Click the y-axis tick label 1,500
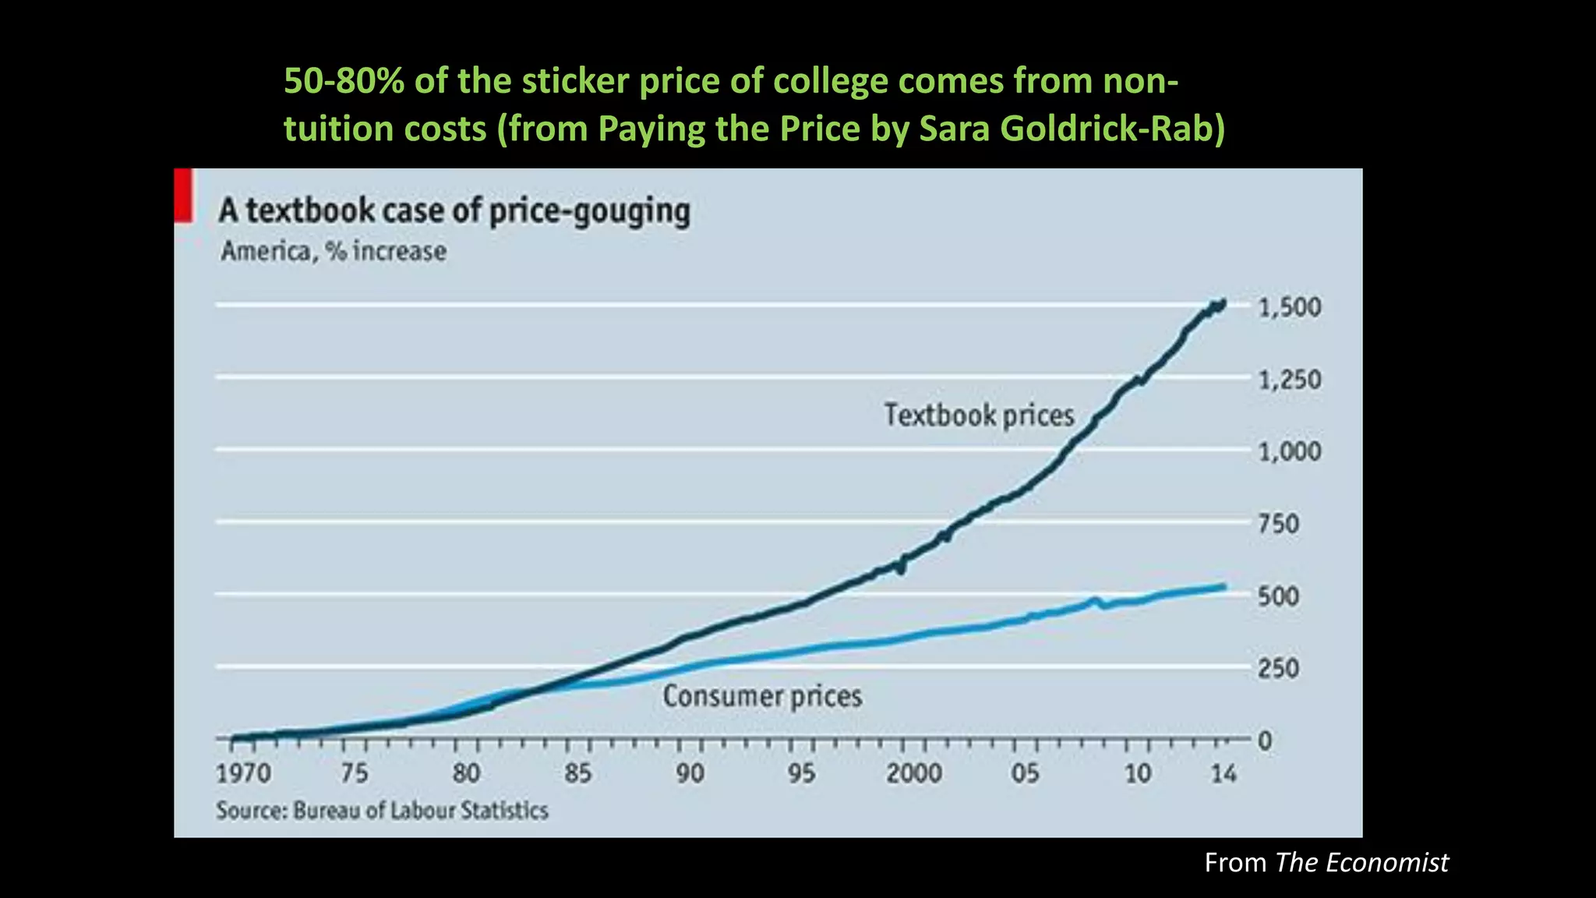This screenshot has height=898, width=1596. click(x=1290, y=307)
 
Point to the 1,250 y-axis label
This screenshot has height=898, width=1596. click(x=1290, y=380)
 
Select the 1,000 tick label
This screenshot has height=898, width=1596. click(x=1290, y=451)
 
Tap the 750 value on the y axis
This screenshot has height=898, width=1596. click(x=1279, y=524)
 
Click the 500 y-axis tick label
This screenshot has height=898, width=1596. click(x=1279, y=596)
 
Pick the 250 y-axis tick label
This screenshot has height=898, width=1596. click(x=1279, y=668)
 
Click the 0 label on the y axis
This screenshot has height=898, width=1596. click(x=1265, y=740)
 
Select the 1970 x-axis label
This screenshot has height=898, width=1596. click(x=243, y=773)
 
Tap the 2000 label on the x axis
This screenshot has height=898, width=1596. click(x=913, y=773)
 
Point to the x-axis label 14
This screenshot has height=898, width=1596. click(x=1223, y=773)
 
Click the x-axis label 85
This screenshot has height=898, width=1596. click(x=577, y=773)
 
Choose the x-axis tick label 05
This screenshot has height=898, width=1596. click(x=1025, y=773)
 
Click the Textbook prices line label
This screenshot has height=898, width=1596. click(x=979, y=415)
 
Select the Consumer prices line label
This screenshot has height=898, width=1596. click(x=762, y=696)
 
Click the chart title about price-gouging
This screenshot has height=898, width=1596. click(x=454, y=211)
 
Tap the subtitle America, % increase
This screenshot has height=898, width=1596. click(x=334, y=252)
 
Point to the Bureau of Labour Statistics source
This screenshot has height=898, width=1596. click(x=382, y=811)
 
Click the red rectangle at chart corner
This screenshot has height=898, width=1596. click(x=183, y=196)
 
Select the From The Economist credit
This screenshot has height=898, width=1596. click(x=1326, y=862)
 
